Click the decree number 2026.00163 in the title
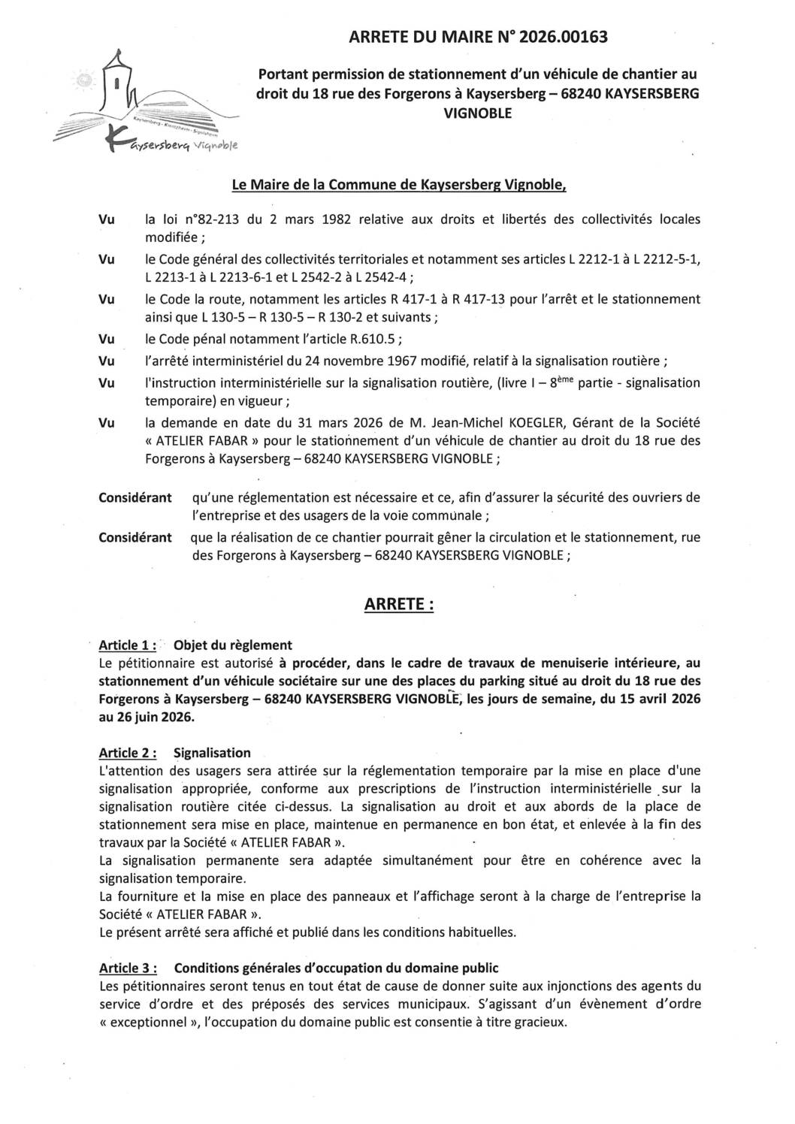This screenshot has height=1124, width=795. click(556, 36)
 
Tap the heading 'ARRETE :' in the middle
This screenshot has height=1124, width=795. click(398, 605)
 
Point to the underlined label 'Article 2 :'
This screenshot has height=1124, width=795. click(128, 753)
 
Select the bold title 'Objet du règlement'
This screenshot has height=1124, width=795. click(232, 645)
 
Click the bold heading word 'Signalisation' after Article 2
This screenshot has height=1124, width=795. click(212, 753)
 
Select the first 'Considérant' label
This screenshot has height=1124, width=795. click(135, 497)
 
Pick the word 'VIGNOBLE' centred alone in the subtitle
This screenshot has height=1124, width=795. click(478, 113)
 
